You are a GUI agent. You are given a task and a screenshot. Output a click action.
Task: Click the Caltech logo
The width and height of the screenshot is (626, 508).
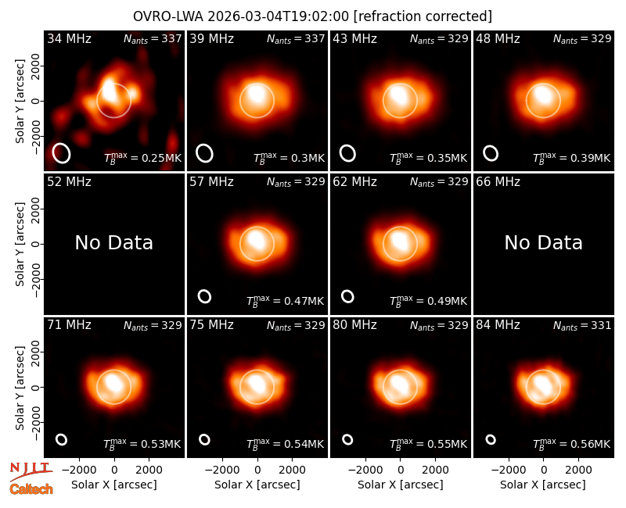pyautogui.click(x=31, y=489)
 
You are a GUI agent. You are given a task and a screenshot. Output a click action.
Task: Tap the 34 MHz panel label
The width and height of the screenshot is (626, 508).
pyautogui.click(x=69, y=38)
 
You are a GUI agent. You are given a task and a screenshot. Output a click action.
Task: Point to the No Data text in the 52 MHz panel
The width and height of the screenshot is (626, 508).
pyautogui.click(x=113, y=242)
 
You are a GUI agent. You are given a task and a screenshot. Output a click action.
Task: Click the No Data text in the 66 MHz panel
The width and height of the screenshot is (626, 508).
pyautogui.click(x=543, y=242)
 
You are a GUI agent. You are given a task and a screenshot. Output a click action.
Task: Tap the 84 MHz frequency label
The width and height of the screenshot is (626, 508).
pyautogui.click(x=498, y=325)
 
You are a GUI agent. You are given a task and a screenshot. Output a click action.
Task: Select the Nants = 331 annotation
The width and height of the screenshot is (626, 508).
pyautogui.click(x=582, y=326)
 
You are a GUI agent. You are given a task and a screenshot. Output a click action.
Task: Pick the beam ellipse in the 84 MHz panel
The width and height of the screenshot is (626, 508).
pyautogui.click(x=491, y=439)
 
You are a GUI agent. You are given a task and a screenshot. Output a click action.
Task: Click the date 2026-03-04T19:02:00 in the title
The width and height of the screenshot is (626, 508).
pyautogui.click(x=279, y=16)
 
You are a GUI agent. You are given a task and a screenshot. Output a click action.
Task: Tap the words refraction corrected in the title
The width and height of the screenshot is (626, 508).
pyautogui.click(x=423, y=16)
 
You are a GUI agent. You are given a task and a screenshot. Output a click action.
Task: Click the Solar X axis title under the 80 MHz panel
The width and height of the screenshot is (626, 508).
pyautogui.click(x=400, y=485)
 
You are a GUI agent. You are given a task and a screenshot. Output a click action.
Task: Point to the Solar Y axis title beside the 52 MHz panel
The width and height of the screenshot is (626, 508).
pyautogui.click(x=20, y=244)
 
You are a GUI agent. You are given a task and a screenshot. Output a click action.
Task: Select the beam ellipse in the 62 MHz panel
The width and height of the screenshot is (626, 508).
pyautogui.click(x=347, y=296)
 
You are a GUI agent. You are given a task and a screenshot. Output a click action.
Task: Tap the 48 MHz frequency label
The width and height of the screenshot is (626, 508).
pyautogui.click(x=498, y=38)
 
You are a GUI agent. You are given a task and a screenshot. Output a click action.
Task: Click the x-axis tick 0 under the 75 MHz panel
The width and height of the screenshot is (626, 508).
pyautogui.click(x=257, y=470)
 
